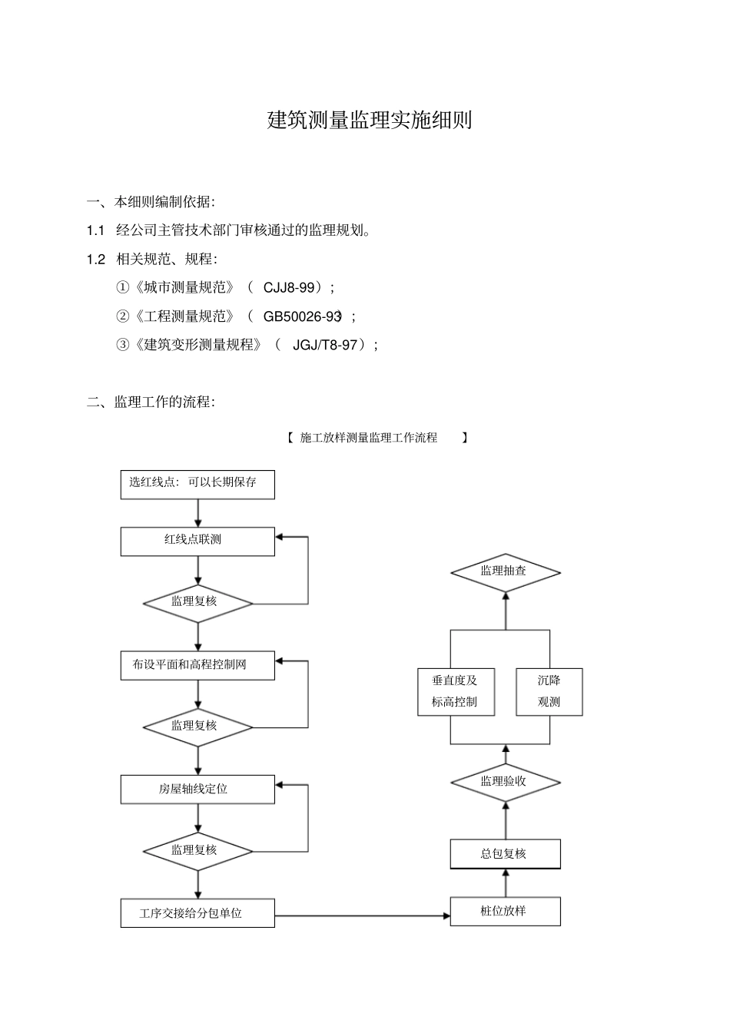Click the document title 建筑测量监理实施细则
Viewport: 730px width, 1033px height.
pos(370,120)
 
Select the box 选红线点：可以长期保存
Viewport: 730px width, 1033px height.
pos(197,484)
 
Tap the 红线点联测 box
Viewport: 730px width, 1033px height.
pos(197,541)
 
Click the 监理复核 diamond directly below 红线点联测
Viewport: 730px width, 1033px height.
pos(197,603)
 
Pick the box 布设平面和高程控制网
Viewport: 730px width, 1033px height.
pos(197,665)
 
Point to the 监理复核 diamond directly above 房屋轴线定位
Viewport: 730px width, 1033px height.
pos(197,727)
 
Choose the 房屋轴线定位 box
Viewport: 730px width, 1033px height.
pos(197,790)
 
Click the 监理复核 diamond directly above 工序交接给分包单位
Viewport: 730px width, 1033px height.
pos(197,851)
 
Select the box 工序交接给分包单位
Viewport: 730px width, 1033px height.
pos(197,913)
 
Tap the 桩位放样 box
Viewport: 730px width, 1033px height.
pos(505,912)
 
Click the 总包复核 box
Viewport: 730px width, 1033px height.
pos(505,854)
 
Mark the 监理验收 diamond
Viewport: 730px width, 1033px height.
pos(505,782)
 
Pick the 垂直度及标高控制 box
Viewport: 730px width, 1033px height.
pos(456,692)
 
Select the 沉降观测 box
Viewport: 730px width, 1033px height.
pos(549,692)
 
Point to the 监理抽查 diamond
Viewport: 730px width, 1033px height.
pos(505,572)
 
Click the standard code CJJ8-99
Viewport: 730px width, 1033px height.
pos(289,288)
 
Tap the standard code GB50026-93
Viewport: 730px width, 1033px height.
pos(302,316)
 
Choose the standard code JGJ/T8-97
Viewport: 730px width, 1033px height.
pos(325,345)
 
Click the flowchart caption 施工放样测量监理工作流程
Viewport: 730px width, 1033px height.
pos(369,438)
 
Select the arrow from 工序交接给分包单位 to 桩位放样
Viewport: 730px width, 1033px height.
pos(362,915)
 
